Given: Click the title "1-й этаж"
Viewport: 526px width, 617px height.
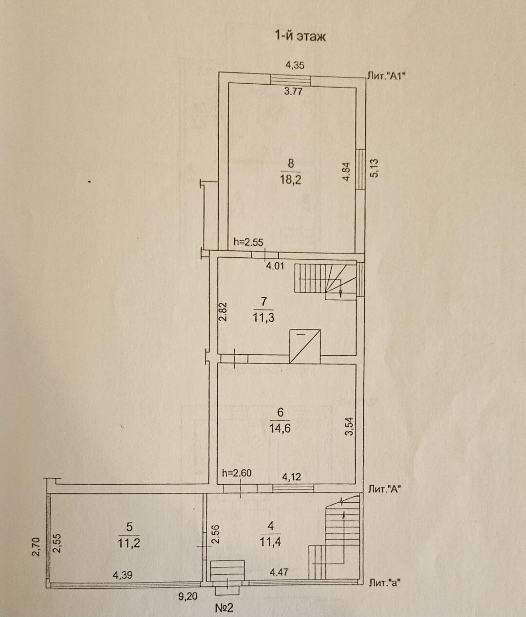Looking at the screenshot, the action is point(300,36).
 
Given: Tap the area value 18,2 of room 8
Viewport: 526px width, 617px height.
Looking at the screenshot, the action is point(291,180).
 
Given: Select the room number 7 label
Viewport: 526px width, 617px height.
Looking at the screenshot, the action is point(263,302).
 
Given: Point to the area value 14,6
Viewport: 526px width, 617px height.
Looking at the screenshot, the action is point(281,429).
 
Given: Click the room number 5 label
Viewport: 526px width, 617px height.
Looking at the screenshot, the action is point(129,527).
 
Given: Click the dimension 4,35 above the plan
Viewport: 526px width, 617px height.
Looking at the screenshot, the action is point(295,65).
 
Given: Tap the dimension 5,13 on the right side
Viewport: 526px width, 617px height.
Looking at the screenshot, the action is point(375,168).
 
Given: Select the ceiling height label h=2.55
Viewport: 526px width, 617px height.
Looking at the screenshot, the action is point(249,242).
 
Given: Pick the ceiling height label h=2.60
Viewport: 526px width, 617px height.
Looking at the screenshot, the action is point(237,472).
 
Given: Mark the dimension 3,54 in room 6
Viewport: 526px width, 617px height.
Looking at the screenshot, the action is point(349,427).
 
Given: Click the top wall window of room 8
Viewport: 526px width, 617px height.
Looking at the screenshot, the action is point(290,80).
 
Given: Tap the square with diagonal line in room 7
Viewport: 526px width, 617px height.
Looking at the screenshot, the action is point(305,346).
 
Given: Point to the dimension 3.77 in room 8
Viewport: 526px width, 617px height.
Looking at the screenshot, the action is point(293,91).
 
